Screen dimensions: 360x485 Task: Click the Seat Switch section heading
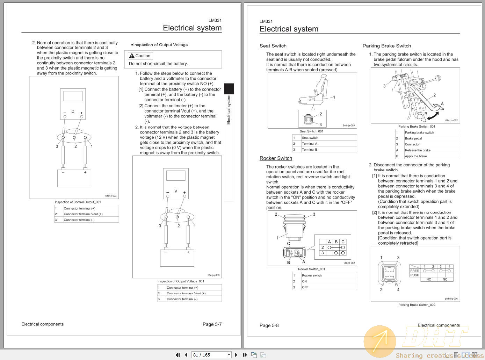pos(273,46)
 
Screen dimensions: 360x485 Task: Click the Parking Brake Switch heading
pos(386,46)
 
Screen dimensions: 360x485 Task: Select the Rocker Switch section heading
pos(276,158)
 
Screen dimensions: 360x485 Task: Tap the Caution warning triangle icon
pos(132,56)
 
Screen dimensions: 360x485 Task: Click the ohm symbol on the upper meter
pos(73,112)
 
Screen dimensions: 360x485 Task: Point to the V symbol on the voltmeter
pos(176,191)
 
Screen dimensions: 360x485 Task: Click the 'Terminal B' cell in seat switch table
pos(310,150)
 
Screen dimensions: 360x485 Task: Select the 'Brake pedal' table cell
pos(413,138)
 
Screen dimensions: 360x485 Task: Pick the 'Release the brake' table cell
pos(418,150)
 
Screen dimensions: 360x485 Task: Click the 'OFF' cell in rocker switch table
pos(305,287)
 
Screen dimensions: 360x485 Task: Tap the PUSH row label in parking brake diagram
pos(415,275)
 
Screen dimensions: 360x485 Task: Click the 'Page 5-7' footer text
pos(212,324)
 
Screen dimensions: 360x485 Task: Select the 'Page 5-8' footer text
pos(269,325)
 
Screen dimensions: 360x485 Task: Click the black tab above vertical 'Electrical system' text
pos(229,88)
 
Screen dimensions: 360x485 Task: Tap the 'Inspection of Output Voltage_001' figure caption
pos(181,281)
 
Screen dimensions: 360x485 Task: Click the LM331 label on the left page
pos(215,20)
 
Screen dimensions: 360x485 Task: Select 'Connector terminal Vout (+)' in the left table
pos(83,214)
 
